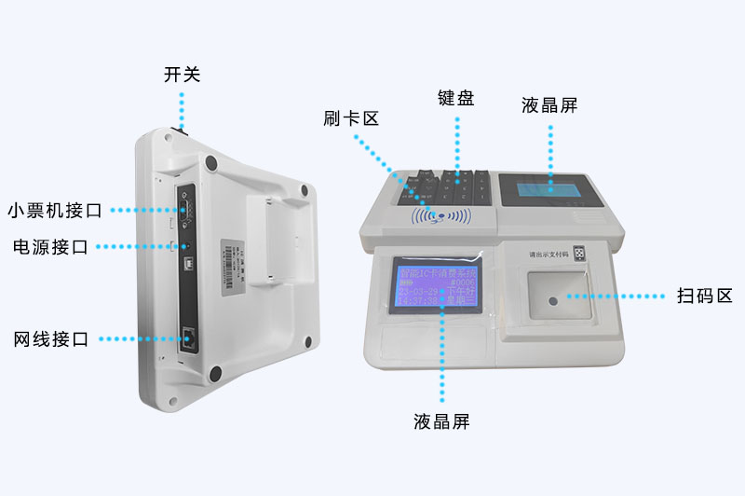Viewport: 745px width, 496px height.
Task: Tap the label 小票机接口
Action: pyautogui.click(x=55, y=210)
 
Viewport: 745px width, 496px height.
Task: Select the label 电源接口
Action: pyautogui.click(x=50, y=247)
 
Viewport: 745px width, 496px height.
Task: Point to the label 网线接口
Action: pyautogui.click(x=50, y=339)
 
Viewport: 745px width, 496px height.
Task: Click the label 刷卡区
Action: pyautogui.click(x=351, y=118)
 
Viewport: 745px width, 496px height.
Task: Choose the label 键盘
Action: pyautogui.click(x=456, y=98)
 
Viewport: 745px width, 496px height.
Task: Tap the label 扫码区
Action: pyautogui.click(x=704, y=296)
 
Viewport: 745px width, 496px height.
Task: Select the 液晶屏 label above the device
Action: pyautogui.click(x=549, y=105)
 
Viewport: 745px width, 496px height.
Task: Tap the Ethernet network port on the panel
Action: pyautogui.click(x=190, y=338)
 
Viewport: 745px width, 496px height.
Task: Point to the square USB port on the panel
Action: pyautogui.click(x=187, y=248)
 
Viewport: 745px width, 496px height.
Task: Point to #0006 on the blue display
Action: pyautogui.click(x=462, y=282)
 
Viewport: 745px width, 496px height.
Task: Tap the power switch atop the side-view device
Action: pyautogui.click(x=182, y=131)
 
